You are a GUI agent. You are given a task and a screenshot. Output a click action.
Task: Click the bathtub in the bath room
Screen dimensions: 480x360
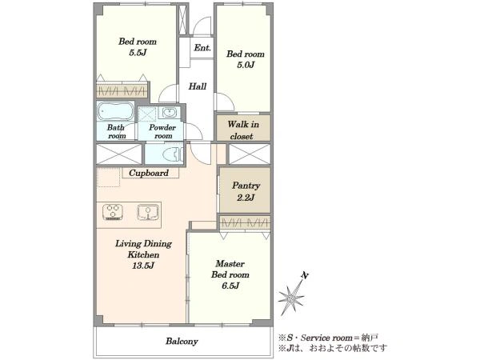click(x=115, y=111)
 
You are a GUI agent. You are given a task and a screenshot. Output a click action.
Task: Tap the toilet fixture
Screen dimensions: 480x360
click(x=174, y=154)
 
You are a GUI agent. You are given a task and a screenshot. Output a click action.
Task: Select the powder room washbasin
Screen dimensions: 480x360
click(x=169, y=112)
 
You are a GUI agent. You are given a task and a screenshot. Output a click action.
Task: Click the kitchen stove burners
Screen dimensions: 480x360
click(x=113, y=211)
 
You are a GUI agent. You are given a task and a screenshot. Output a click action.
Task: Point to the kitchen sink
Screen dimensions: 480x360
click(x=148, y=212)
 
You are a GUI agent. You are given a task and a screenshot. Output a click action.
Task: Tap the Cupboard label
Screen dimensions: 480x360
click(x=149, y=173)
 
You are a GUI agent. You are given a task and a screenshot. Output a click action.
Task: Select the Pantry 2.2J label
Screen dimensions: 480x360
click(x=246, y=191)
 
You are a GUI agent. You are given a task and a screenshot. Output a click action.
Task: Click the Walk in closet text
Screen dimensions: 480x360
click(x=243, y=130)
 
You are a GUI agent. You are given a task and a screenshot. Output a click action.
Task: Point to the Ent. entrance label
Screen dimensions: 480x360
click(x=202, y=48)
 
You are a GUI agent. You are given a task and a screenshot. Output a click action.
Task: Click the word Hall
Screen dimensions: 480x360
click(x=197, y=86)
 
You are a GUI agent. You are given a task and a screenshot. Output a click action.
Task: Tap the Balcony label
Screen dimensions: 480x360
click(x=182, y=342)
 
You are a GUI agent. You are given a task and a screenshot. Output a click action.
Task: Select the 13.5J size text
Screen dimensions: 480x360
click(x=142, y=266)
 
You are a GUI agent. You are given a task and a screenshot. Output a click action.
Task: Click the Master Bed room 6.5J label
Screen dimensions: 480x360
click(x=230, y=274)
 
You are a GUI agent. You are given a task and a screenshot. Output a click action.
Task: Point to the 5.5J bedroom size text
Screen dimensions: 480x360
click(x=138, y=53)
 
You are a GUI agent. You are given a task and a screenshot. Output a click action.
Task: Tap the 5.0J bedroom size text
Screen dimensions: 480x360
click(x=246, y=65)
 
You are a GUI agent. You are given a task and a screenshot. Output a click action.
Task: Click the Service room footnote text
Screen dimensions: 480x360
click(x=328, y=338)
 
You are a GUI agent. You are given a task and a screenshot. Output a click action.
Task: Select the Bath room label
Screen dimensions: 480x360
click(x=116, y=132)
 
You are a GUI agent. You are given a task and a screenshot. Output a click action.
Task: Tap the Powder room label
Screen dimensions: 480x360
click(x=162, y=132)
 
